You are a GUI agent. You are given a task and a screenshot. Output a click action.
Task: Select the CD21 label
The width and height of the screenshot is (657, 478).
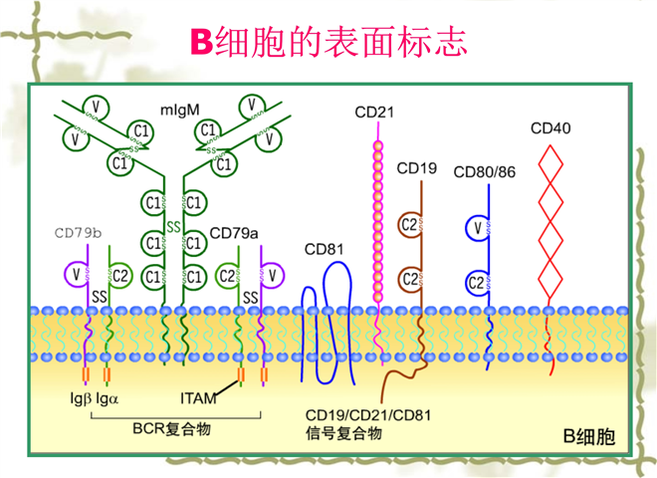[374, 112]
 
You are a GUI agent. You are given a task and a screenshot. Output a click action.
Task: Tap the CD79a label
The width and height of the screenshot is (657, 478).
[234, 234]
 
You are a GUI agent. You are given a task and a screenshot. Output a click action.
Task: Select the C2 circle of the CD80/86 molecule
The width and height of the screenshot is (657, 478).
[477, 282]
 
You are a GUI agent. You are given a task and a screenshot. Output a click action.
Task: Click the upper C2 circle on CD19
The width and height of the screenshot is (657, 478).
[408, 225]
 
